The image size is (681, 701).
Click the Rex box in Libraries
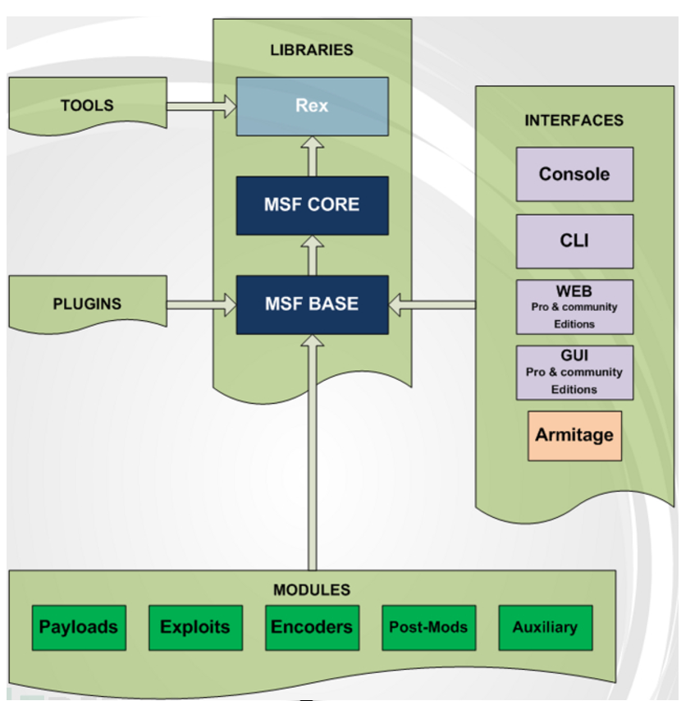click(312, 107)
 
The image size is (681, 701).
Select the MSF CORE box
click(312, 205)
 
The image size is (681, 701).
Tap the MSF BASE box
click(312, 305)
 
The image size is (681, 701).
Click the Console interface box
click(574, 174)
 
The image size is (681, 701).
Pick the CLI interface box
click(574, 241)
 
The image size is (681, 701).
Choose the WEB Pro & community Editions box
click(574, 307)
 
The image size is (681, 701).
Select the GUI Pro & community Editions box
click(574, 373)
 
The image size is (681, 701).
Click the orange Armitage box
click(574, 435)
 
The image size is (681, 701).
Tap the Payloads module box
click(79, 628)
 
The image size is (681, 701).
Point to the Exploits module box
click(195, 628)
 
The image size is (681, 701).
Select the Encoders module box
click(312, 628)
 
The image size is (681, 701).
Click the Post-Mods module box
click(428, 628)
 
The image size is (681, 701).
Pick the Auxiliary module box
click(545, 628)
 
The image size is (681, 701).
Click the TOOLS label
click(87, 105)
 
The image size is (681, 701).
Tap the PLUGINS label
click(87, 304)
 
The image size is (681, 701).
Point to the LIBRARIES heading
click(312, 50)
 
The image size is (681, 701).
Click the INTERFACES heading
click(574, 121)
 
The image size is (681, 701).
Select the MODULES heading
click(312, 590)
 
